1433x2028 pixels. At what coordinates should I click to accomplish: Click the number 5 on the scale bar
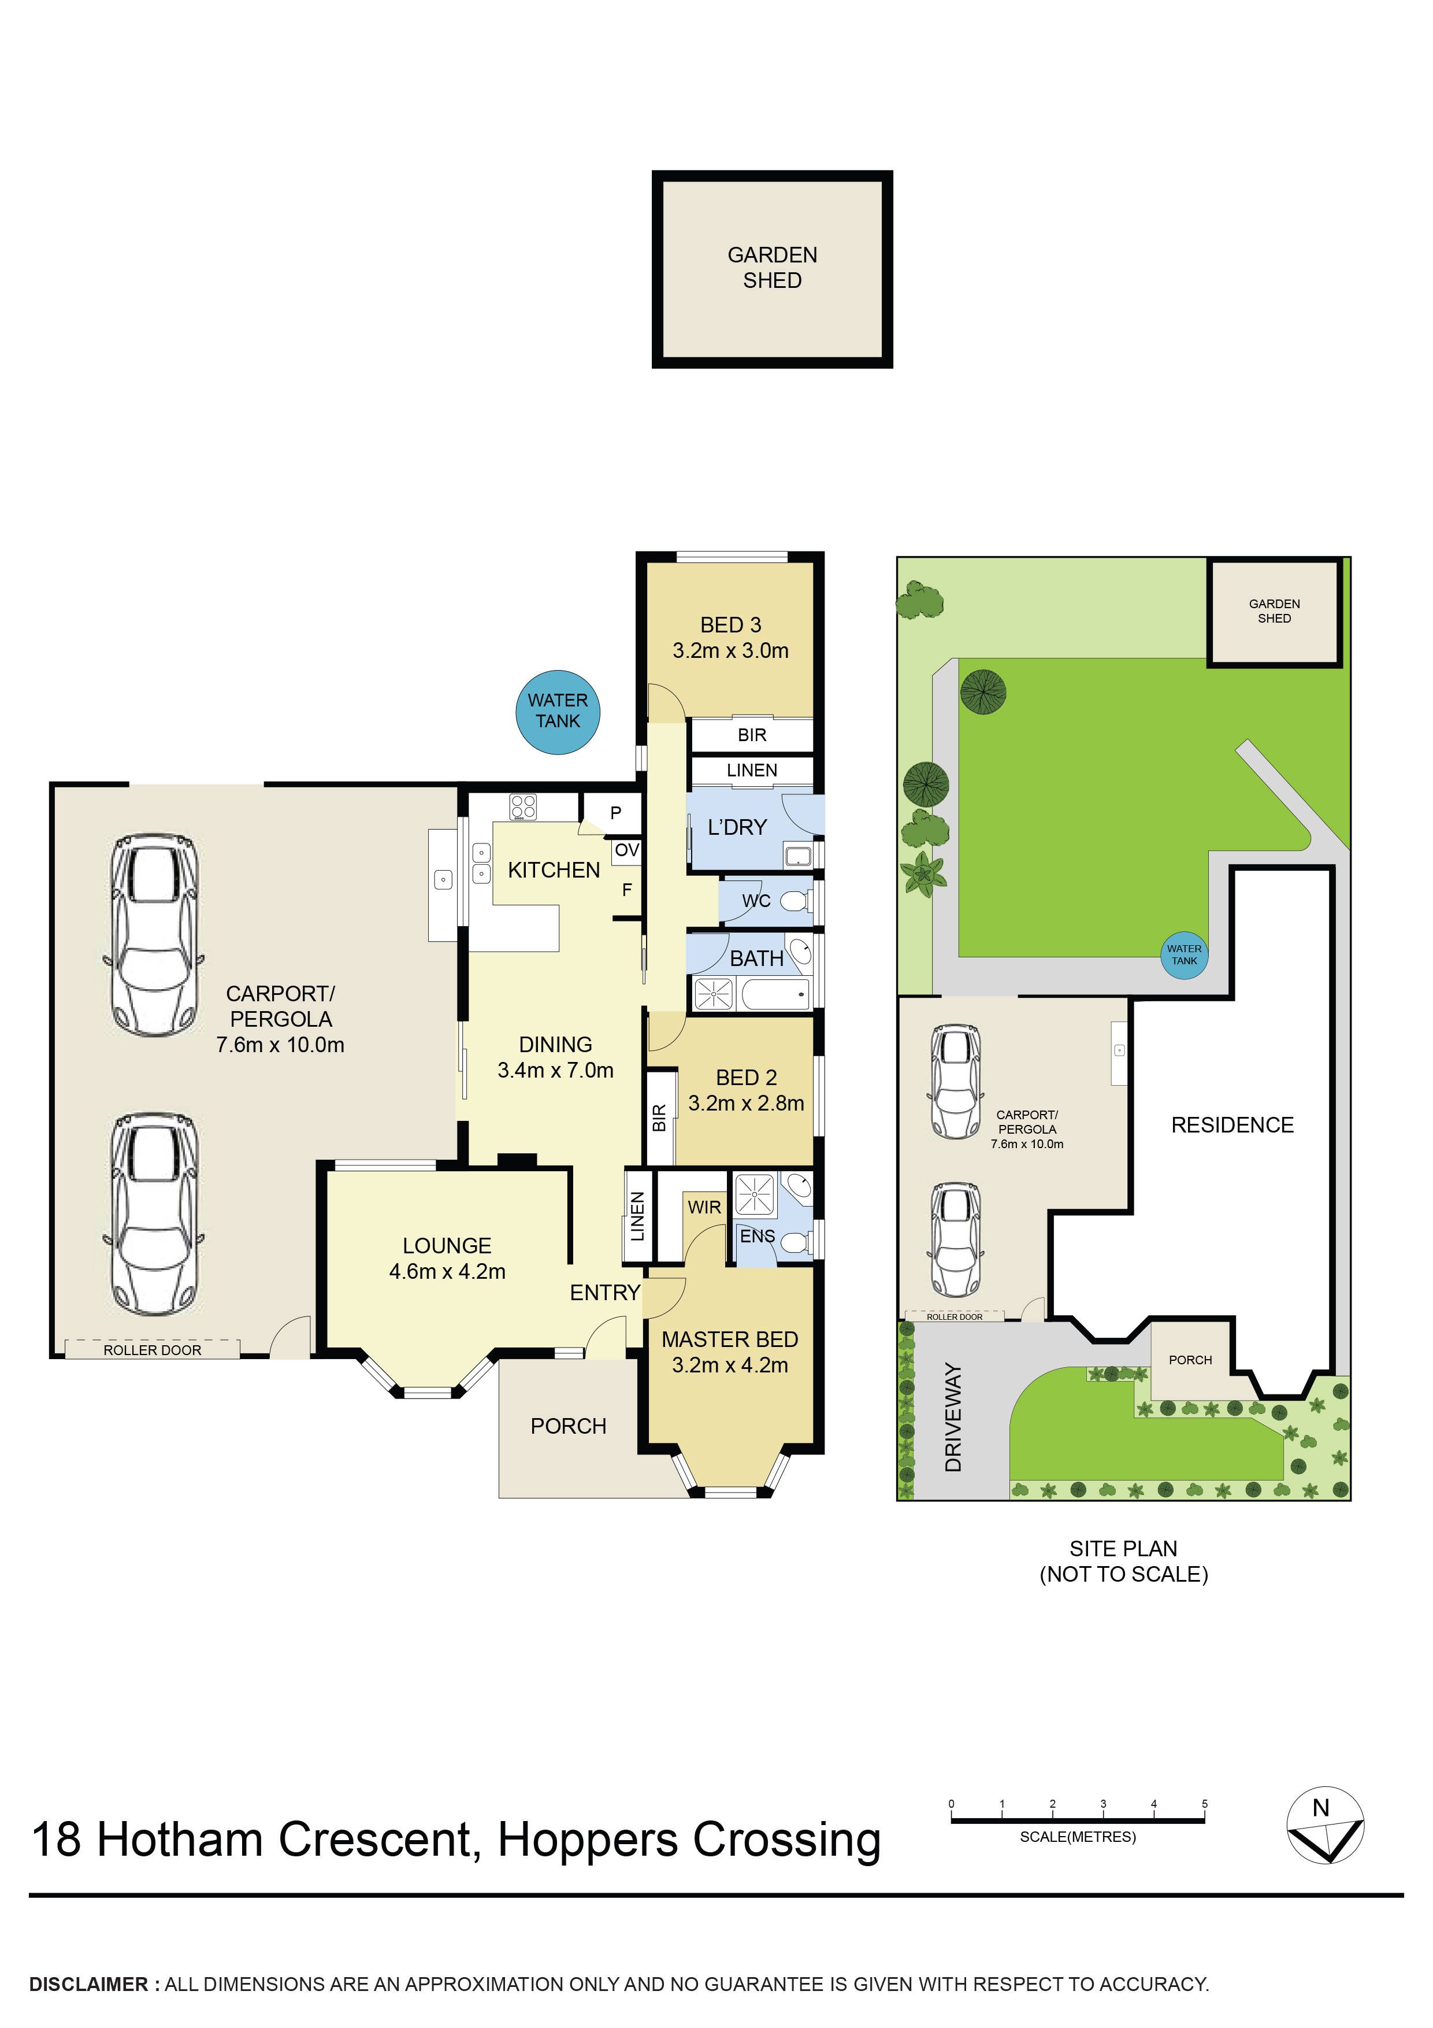[1204, 1804]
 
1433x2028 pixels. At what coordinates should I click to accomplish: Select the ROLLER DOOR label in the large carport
[152, 1350]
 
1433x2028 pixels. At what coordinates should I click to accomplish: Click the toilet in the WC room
[793, 901]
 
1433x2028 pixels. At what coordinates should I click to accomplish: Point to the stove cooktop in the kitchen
[523, 806]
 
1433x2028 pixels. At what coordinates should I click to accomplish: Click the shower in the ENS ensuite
[754, 1195]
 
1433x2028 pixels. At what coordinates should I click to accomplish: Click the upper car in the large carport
[154, 934]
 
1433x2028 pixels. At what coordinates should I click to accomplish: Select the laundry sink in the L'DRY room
[797, 855]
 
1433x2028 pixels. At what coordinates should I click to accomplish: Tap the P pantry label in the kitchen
[615, 813]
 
